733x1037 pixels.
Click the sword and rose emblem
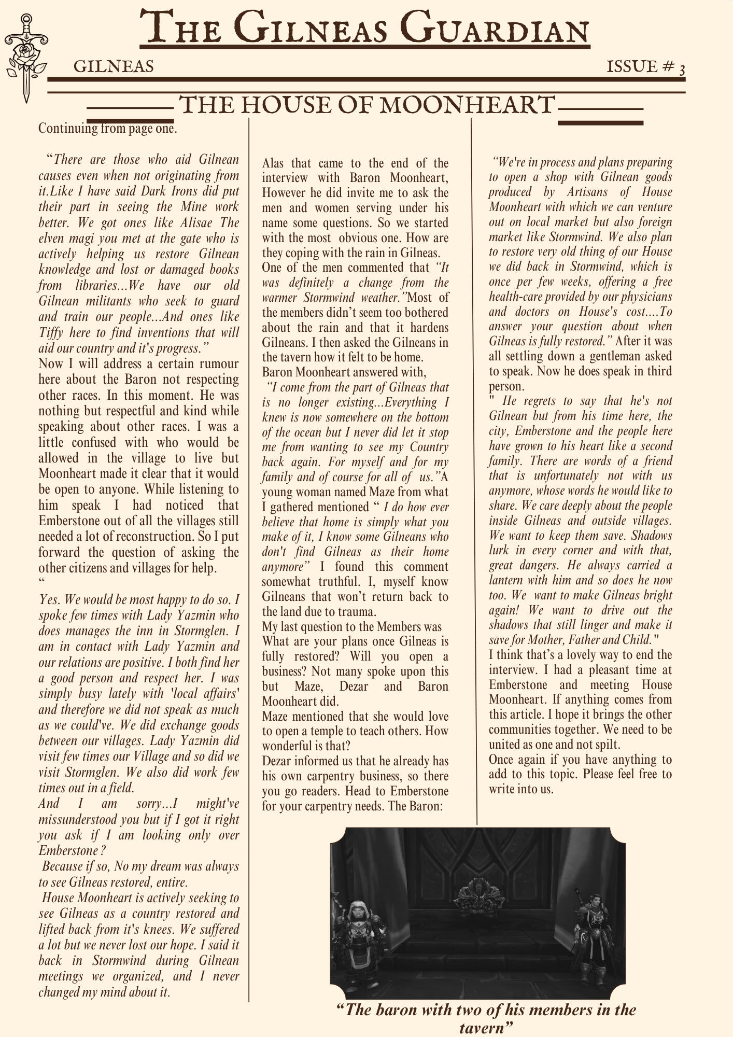point(24,58)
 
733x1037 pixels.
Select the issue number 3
point(682,68)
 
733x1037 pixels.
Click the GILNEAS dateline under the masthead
point(114,66)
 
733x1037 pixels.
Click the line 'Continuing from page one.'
point(107,128)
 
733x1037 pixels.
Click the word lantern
point(508,580)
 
